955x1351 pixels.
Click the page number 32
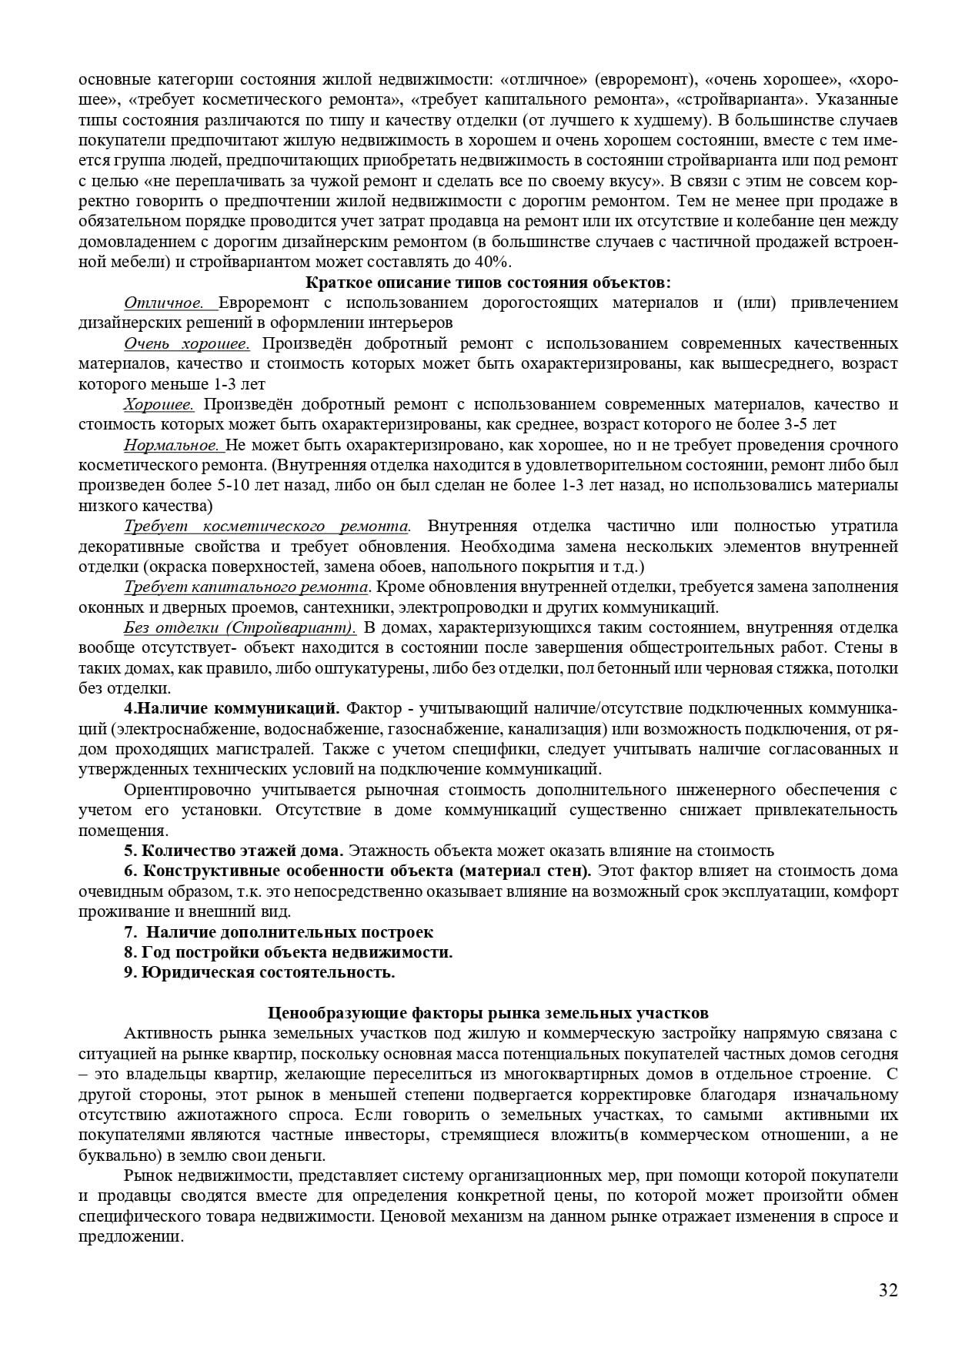[888, 1290]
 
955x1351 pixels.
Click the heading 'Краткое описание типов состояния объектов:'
[488, 282]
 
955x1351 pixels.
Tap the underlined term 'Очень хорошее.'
[186, 343]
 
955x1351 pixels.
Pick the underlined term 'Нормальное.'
[172, 445]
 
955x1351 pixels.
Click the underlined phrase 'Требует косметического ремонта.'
[266, 527]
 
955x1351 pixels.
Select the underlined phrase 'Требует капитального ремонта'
[246, 587]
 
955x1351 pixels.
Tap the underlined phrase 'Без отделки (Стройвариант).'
[240, 627]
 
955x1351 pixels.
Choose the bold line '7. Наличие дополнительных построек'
[279, 932]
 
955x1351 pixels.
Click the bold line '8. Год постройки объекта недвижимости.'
[289, 952]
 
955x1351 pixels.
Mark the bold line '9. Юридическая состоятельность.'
[259, 972]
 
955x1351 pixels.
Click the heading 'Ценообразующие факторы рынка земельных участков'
[488, 1013]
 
